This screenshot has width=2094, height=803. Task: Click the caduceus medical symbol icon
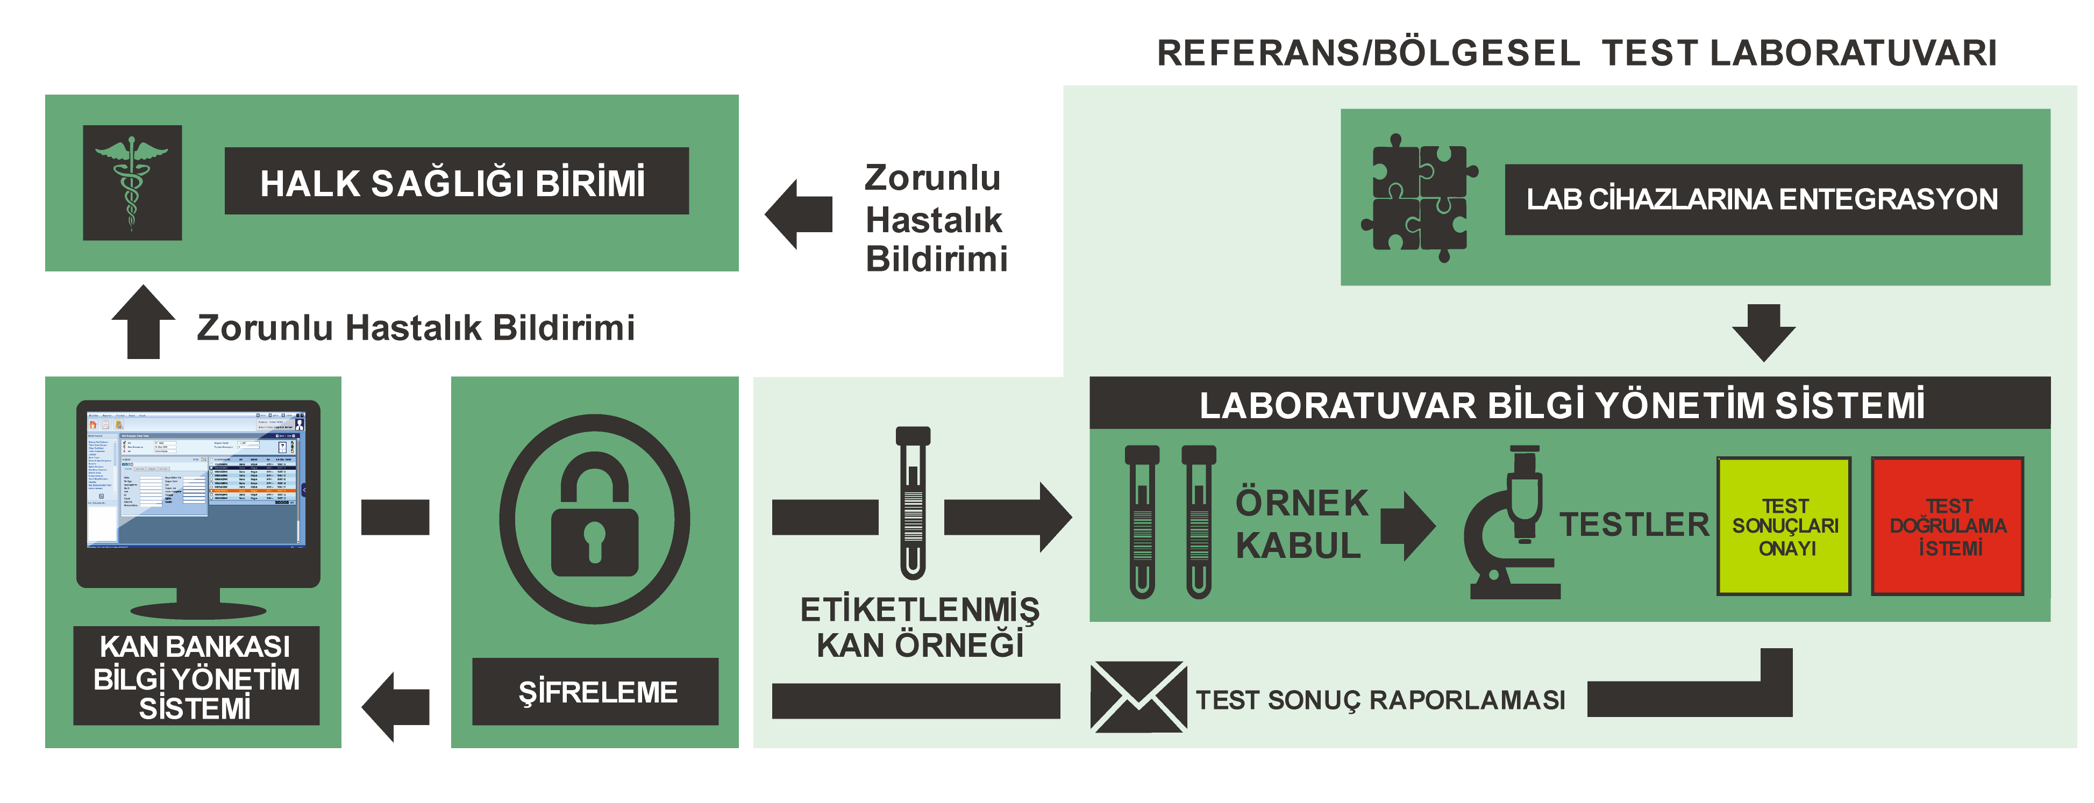tap(132, 182)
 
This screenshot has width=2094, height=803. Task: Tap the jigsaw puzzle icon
tap(1419, 197)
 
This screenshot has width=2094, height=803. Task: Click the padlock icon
tap(594, 519)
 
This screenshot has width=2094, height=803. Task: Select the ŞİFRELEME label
tap(595, 692)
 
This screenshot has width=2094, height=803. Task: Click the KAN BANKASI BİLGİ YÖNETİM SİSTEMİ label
tap(196, 676)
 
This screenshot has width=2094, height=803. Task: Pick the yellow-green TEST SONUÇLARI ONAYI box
tap(1784, 526)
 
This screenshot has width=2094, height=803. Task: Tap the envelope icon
tap(1137, 697)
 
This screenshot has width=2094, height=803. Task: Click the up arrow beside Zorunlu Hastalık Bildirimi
tap(143, 322)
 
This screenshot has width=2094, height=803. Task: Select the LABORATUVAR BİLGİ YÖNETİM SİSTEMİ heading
tap(1562, 405)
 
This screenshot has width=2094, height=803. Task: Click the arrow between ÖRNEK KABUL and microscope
tap(1407, 525)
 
